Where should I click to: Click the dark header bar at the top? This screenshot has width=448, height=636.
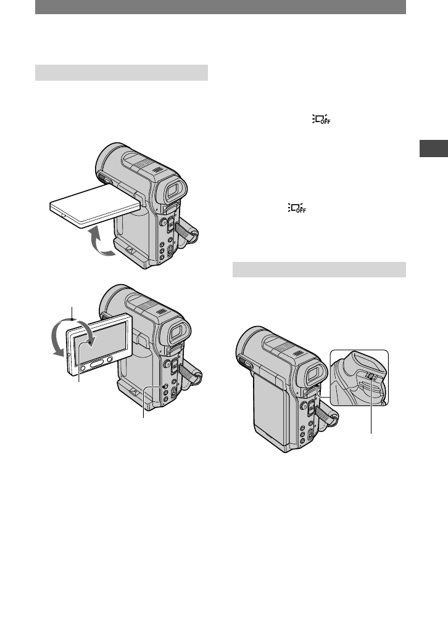coord(220,7)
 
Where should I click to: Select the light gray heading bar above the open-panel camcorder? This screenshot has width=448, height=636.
coord(122,73)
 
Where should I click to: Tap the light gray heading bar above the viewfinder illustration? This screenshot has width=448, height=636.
coord(319,270)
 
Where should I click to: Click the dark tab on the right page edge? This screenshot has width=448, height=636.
coord(434,149)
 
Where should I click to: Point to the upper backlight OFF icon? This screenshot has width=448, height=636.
coord(321,120)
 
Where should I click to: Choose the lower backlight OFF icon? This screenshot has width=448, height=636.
coord(297,208)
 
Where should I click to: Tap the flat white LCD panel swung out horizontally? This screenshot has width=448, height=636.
coord(95,205)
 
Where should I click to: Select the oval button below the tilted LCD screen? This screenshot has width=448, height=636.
coord(97,364)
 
